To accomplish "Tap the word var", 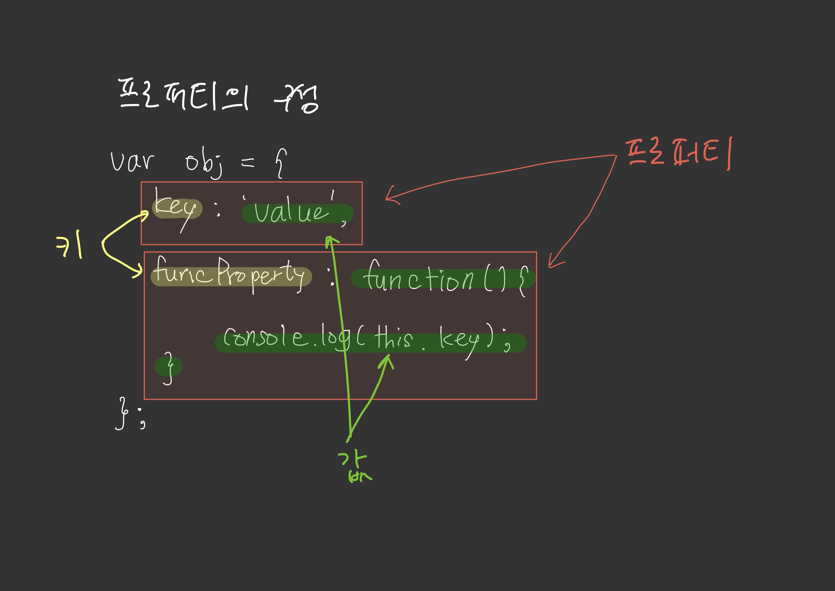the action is point(132,161).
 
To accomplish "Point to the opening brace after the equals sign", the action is point(281,163).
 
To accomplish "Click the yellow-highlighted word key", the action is point(176,208).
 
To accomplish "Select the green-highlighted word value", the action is point(291,212).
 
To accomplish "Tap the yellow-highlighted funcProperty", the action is point(229,276).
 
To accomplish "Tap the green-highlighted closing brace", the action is point(168,367).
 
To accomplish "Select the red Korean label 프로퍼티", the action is point(678,153).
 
